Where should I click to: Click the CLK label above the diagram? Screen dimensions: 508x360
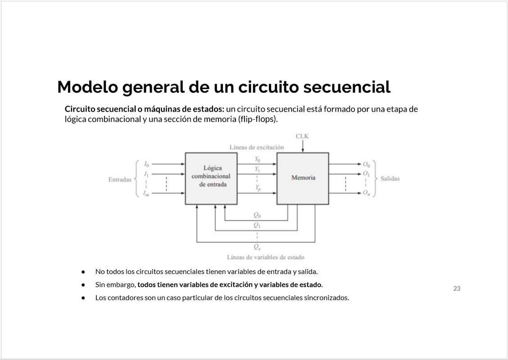(302, 136)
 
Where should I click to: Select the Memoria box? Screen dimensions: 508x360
(303, 178)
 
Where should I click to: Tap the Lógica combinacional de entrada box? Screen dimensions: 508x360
(211, 178)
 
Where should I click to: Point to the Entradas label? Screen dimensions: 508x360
(120, 180)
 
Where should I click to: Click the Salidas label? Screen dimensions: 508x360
(390, 178)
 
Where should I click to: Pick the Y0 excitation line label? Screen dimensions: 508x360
(257, 159)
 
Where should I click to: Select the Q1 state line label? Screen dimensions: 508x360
(257, 225)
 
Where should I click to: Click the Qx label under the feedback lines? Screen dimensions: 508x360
(257, 247)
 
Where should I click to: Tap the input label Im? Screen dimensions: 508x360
(146, 193)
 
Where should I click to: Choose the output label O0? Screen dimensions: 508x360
(366, 164)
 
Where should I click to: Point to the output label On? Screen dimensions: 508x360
(366, 193)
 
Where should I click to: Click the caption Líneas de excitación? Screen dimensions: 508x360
(257, 147)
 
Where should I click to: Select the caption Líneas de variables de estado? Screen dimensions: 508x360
(266, 257)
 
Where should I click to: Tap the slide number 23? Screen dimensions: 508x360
(457, 288)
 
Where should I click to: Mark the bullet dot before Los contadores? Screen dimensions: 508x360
(83, 297)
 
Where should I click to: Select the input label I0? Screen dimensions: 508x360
(146, 164)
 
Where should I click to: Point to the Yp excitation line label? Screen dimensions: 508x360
(258, 188)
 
